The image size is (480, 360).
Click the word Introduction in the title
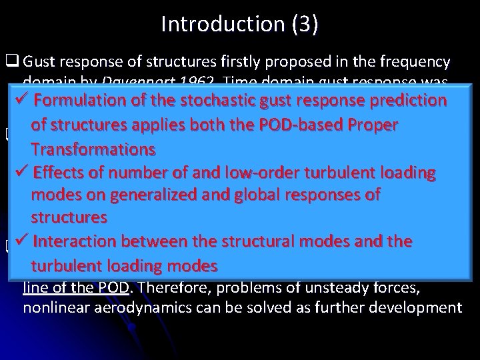point(220,25)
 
